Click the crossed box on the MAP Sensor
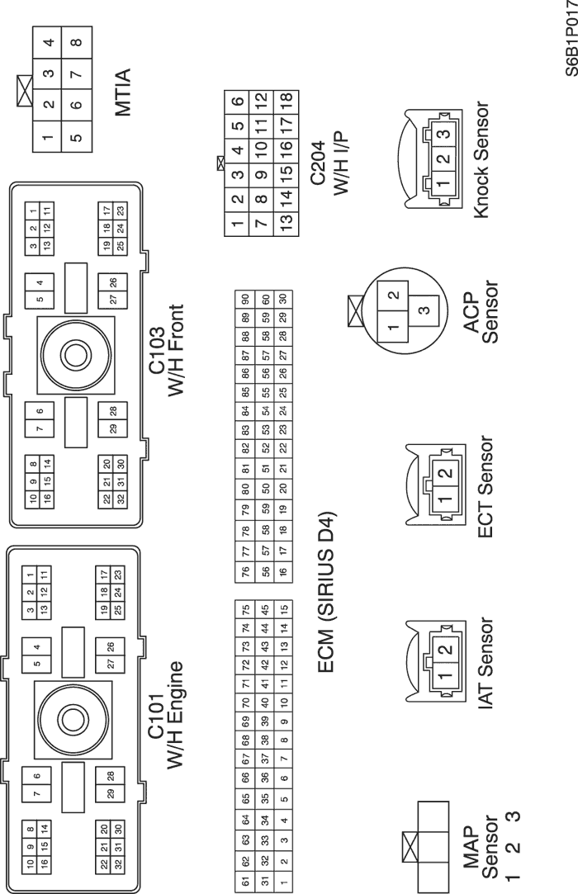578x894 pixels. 408,845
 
